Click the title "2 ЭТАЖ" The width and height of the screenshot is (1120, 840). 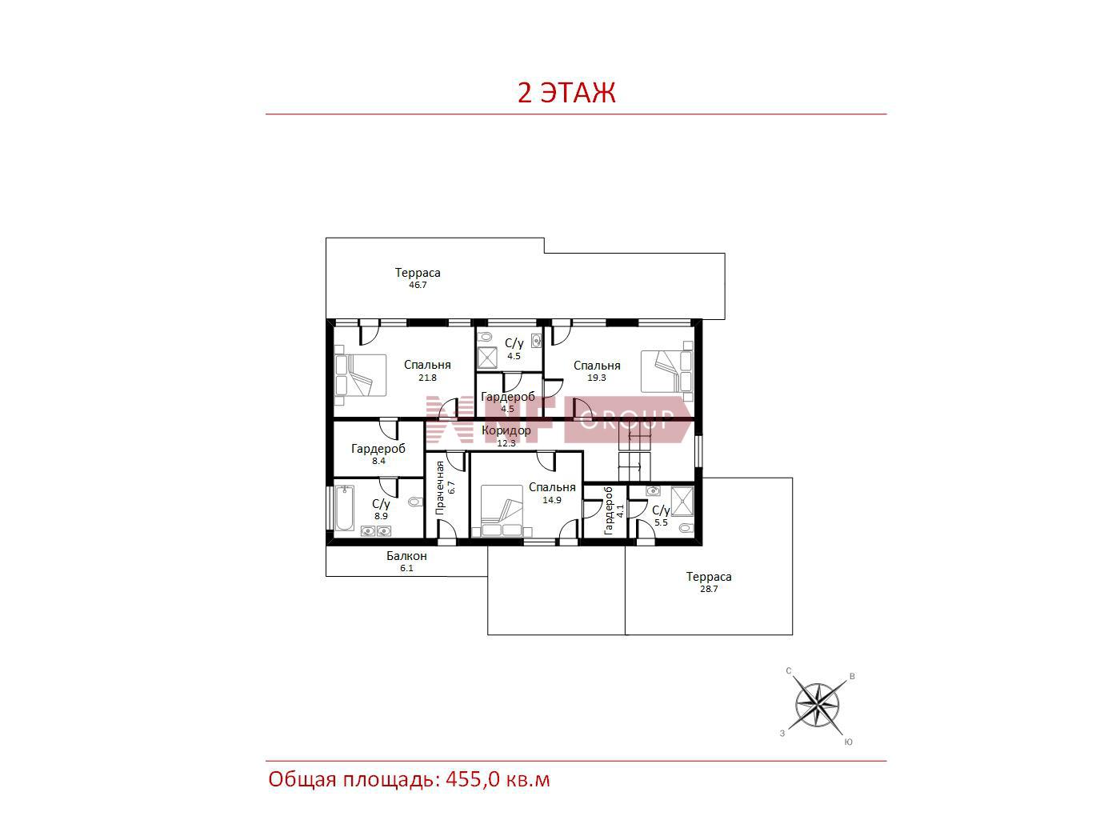pos(566,93)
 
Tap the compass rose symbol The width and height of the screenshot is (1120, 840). pos(817,706)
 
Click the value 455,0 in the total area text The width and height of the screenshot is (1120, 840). pos(473,779)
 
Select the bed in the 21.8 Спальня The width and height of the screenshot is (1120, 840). pos(360,375)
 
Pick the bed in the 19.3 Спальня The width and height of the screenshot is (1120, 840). pos(667,371)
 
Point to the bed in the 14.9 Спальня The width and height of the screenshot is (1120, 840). pos(502,510)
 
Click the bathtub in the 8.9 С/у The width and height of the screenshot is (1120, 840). pos(345,508)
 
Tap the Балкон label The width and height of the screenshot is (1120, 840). pos(406,556)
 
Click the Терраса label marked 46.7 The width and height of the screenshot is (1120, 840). pos(418,273)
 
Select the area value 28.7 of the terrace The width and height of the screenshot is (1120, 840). pos(709,589)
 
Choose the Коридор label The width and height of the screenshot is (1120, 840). pos(506,430)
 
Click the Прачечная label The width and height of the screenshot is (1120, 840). pos(440,487)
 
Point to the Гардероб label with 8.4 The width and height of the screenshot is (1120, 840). pos(378,449)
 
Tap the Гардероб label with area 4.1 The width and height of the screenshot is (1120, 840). pos(608,510)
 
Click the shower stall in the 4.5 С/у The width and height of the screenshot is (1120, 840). pos(486,358)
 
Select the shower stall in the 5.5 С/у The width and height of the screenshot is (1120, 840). pos(682,502)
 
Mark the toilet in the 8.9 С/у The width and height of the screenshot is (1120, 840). pos(416,502)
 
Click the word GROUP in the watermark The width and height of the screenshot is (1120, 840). pos(627,419)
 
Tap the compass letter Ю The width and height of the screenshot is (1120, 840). pos(848,742)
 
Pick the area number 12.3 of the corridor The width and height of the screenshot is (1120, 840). pos(506,443)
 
